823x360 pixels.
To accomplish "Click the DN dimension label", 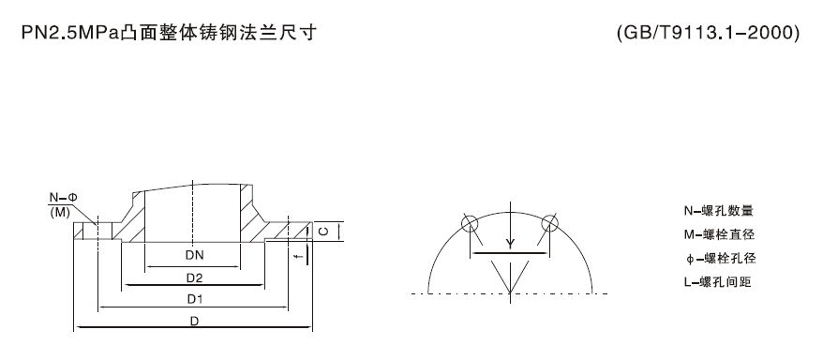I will click(194, 255).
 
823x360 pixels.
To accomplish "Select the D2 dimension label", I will click(194, 277).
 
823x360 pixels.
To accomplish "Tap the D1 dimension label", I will click(194, 300).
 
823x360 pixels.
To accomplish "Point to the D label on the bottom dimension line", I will click(194, 322).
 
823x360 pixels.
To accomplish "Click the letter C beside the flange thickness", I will click(322, 230).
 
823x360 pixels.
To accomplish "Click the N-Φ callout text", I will click(63, 198).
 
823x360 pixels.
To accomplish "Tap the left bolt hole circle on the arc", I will click(470, 224).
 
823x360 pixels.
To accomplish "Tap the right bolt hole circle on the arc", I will click(549, 224).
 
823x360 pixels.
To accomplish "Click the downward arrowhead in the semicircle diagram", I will click(510, 245).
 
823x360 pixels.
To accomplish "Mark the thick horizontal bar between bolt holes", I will click(510, 253).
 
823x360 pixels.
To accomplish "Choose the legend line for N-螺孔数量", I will click(719, 211).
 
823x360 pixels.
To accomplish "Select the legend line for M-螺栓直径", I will click(719, 234).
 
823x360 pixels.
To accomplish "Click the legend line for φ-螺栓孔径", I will click(719, 258).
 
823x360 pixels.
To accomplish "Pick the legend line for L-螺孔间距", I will click(719, 281).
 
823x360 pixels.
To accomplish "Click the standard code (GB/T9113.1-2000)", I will click(709, 34).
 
